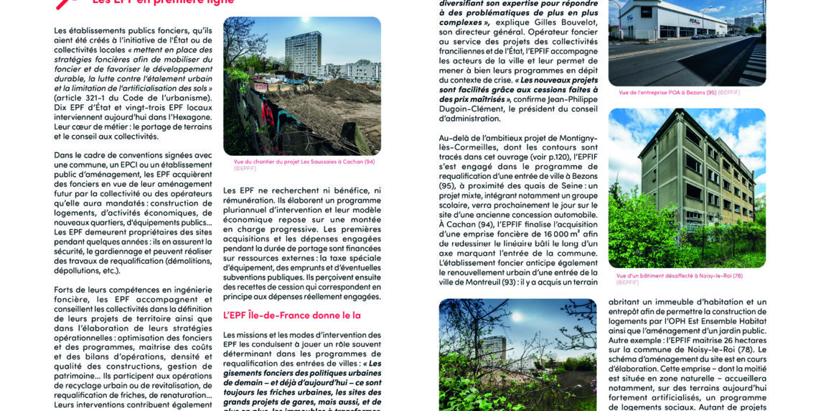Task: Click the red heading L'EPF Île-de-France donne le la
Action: click(291, 315)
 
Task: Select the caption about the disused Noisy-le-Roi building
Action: click(679, 275)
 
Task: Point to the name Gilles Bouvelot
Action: click(560, 33)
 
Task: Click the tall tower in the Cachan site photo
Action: click(302, 53)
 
